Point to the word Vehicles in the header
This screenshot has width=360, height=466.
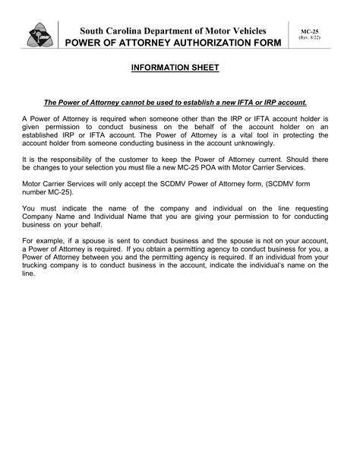[254, 29]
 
